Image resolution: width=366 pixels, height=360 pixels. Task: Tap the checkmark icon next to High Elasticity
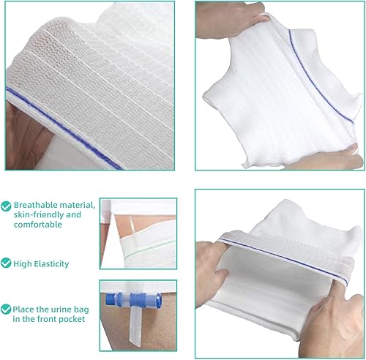[7, 261]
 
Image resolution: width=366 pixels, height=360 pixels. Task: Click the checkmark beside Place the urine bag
[7, 309]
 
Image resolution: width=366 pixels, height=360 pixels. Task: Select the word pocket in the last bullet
[78, 320]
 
